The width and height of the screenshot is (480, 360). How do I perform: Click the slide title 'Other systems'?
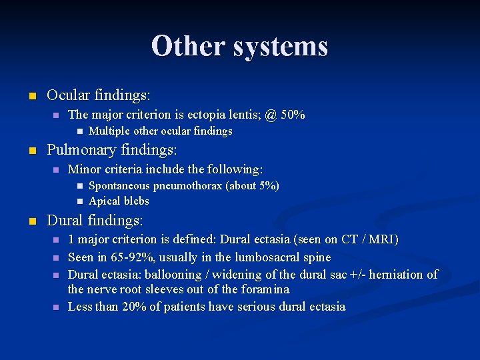239,46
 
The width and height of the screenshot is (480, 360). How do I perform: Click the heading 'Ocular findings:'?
99,95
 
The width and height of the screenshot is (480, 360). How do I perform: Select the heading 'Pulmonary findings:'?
111,149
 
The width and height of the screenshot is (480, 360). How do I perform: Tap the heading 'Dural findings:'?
95,219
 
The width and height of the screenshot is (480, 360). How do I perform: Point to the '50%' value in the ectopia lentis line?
293,115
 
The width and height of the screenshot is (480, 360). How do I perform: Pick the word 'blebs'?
136,201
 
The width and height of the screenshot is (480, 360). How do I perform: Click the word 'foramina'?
266,289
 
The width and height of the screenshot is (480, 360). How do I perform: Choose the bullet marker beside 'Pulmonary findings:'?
31,150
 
